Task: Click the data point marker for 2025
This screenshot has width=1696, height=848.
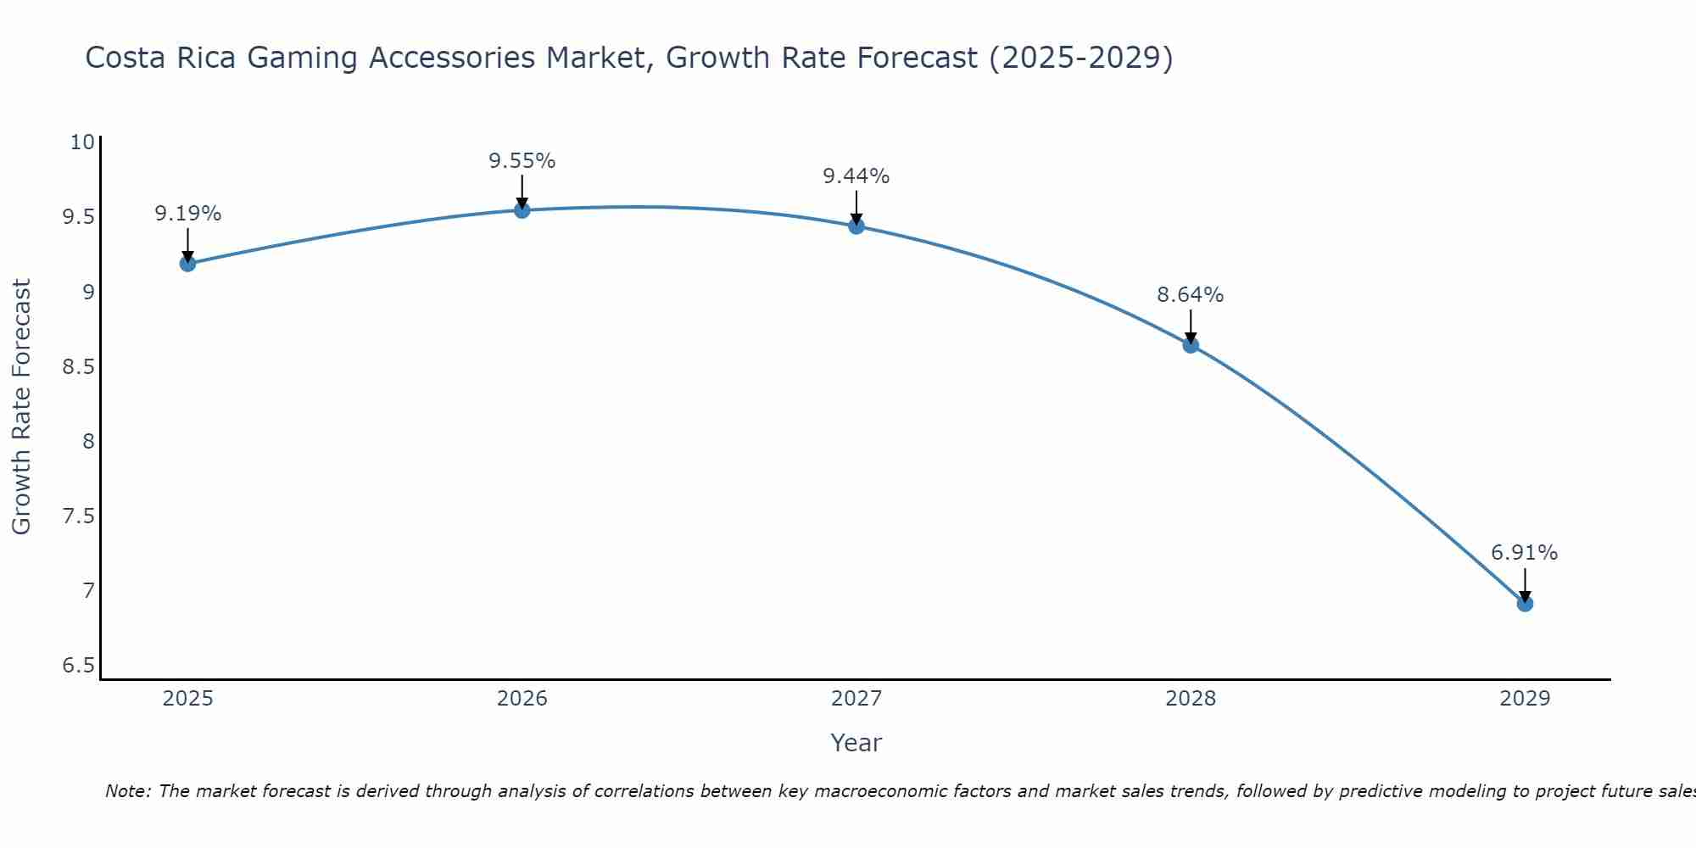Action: pos(187,264)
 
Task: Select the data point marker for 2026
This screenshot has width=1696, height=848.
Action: pos(522,210)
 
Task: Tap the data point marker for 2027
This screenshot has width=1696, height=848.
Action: pos(856,226)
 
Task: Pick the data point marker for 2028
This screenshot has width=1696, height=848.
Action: pos(1191,345)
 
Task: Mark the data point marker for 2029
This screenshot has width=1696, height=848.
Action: pos(1525,604)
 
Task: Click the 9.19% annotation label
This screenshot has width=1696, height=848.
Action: pos(187,214)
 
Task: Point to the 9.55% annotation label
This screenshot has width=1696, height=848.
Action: pos(522,161)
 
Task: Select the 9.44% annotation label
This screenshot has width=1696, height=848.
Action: pos(856,176)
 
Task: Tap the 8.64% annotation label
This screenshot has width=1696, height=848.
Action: pos(1191,295)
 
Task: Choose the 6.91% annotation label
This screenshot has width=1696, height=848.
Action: pos(1525,553)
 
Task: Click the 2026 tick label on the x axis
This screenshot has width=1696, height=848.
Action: pos(522,699)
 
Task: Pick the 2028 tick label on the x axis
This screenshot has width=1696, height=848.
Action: pos(1191,699)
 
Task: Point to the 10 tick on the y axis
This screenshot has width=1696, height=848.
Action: pos(82,142)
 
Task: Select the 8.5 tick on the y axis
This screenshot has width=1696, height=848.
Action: pos(78,366)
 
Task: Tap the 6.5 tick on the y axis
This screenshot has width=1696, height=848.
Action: pos(78,666)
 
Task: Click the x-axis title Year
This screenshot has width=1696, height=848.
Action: pos(856,743)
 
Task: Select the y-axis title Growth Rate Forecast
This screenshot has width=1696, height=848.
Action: pos(21,406)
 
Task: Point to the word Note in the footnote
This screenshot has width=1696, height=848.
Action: pos(126,791)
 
